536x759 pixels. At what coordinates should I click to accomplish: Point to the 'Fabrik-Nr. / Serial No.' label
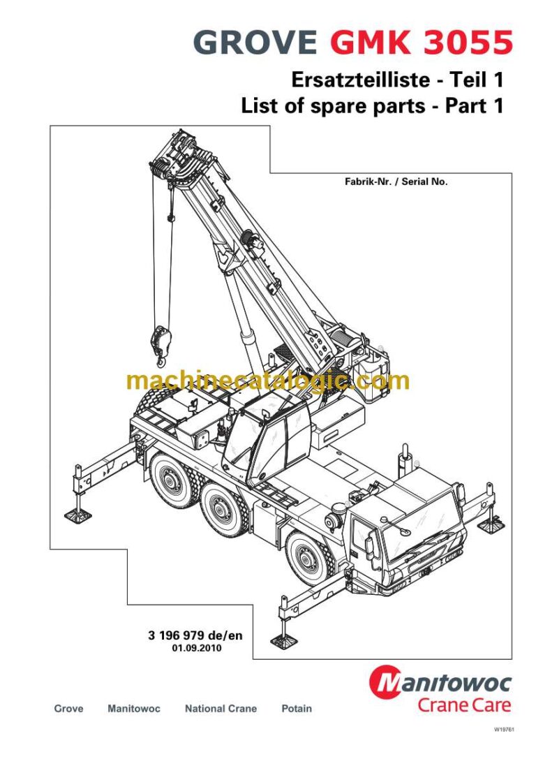[x=396, y=181]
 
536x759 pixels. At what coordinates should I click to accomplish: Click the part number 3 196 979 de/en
[x=195, y=635]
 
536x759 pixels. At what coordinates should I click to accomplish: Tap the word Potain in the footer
[x=297, y=708]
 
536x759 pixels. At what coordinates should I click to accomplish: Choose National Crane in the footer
[x=221, y=708]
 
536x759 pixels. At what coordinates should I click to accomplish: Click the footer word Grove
[x=68, y=708]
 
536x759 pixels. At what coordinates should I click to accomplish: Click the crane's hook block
[x=158, y=340]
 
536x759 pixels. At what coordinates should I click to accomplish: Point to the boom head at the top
[x=174, y=158]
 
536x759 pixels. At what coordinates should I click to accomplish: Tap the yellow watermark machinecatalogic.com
[x=268, y=381]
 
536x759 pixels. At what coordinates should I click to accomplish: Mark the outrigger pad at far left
[x=77, y=515]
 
